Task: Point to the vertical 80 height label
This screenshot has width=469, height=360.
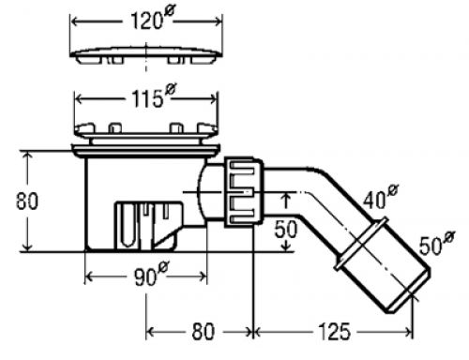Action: [x=27, y=201]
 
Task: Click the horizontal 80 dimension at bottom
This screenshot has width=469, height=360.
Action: [x=204, y=331]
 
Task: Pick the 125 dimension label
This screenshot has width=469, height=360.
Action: [x=334, y=331]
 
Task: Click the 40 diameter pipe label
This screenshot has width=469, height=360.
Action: [x=381, y=198]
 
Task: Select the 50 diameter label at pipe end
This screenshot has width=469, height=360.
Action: [x=437, y=243]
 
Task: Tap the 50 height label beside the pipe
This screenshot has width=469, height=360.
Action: [x=286, y=229]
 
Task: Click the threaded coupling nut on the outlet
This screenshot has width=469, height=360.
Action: [x=244, y=192]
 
